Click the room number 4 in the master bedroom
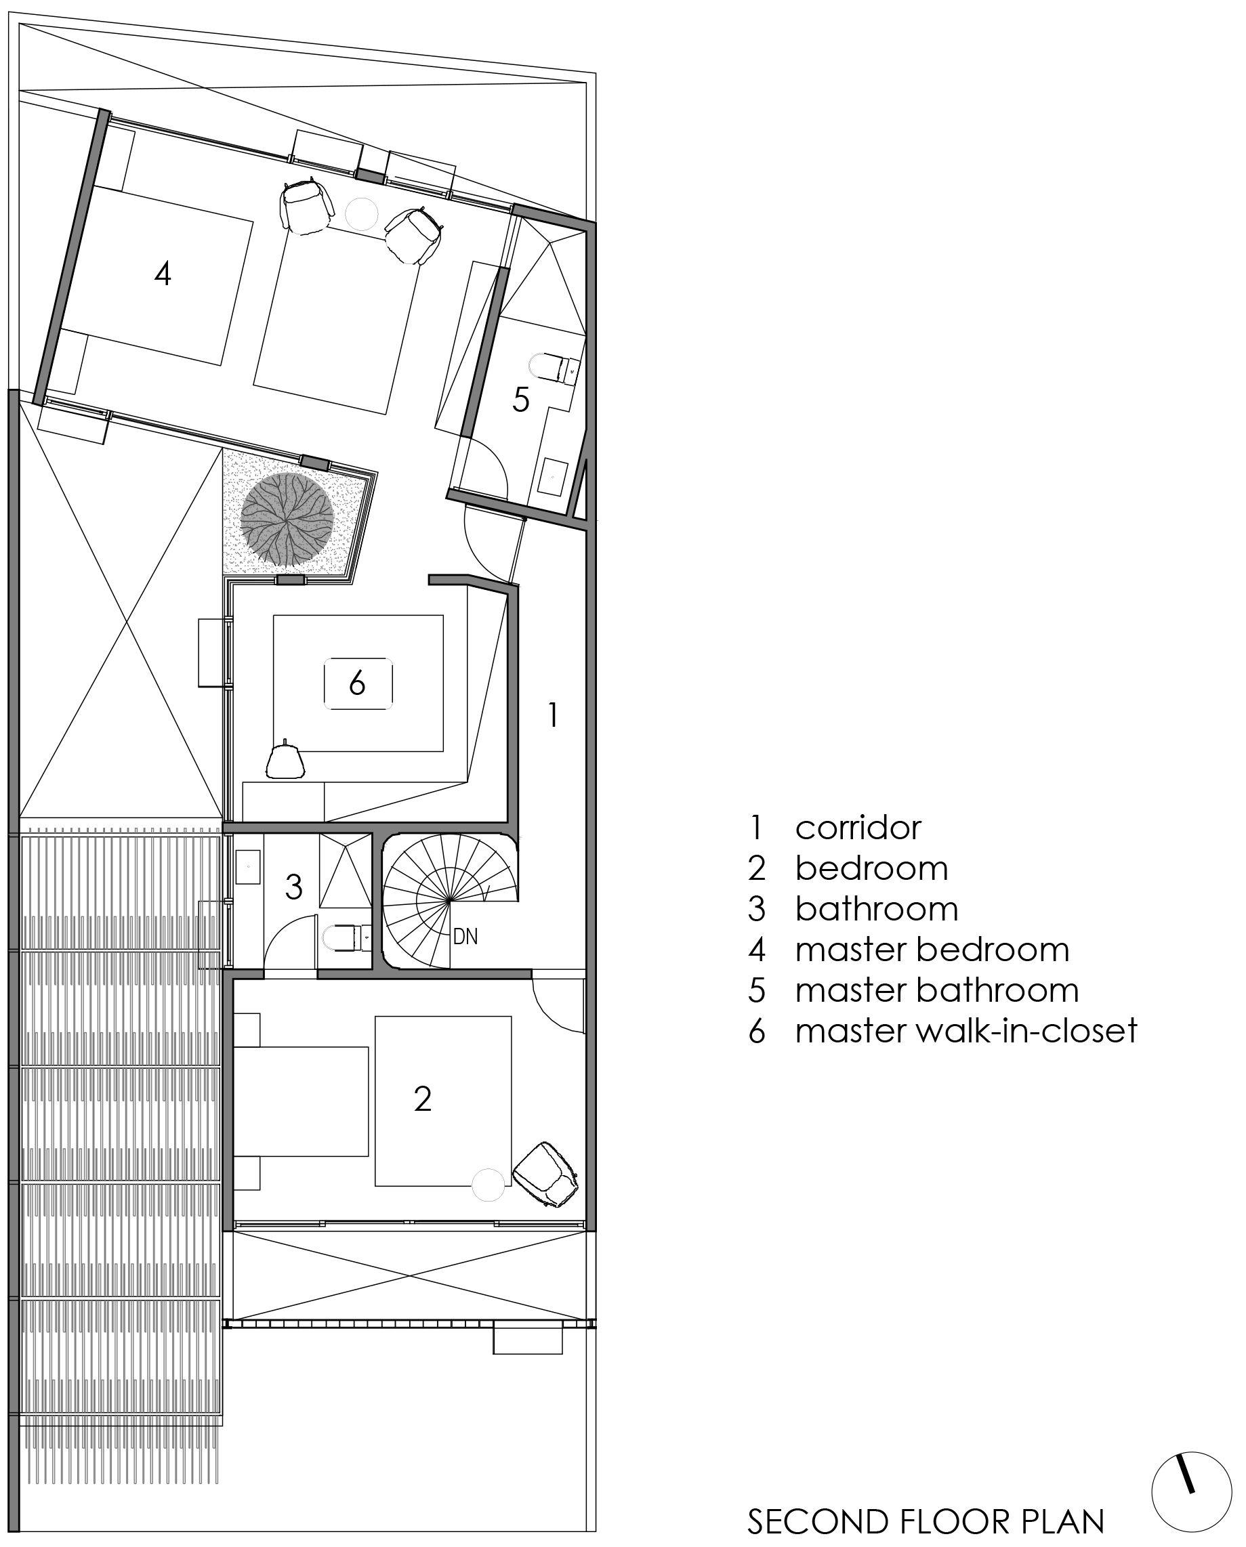click(x=163, y=274)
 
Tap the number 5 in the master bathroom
click(x=520, y=400)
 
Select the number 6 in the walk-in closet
click(x=358, y=684)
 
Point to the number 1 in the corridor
click(x=552, y=715)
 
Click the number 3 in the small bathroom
click(x=293, y=887)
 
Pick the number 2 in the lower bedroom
click(x=423, y=1099)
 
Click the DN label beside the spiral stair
click(x=465, y=936)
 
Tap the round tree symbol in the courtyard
click(x=287, y=518)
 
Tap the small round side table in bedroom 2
click(x=489, y=1185)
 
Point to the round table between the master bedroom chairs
click(x=361, y=213)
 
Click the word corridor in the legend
click(x=858, y=827)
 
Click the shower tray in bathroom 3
click(x=346, y=871)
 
